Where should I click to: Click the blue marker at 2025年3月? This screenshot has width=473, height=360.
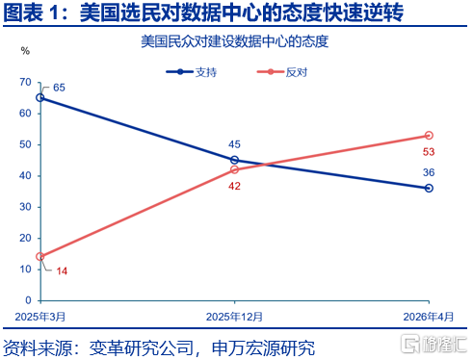40,97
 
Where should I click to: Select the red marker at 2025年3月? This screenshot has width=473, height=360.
40,257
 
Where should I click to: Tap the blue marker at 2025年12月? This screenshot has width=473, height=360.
234,160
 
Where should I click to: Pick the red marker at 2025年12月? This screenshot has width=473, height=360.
234,169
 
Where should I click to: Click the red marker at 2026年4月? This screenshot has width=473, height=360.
429,136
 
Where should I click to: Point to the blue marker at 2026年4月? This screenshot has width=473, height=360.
429,188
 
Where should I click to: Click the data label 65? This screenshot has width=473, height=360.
59,88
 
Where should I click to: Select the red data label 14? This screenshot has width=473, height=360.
62,271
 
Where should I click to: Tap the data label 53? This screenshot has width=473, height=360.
429,152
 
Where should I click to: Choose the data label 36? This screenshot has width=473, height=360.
429,172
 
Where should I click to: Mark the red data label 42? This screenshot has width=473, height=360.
234,186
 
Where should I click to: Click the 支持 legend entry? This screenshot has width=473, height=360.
192,72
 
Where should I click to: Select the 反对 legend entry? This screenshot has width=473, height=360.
282,72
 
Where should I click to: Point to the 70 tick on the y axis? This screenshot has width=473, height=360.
25,83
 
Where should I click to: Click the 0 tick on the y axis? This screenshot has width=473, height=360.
28,300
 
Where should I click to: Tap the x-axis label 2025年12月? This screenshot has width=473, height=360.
234,317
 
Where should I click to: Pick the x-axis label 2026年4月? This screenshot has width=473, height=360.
429,317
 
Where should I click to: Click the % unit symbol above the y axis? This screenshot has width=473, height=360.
25,51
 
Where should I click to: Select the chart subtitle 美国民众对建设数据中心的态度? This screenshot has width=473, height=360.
235,41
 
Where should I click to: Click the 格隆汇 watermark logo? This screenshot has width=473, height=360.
434,344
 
